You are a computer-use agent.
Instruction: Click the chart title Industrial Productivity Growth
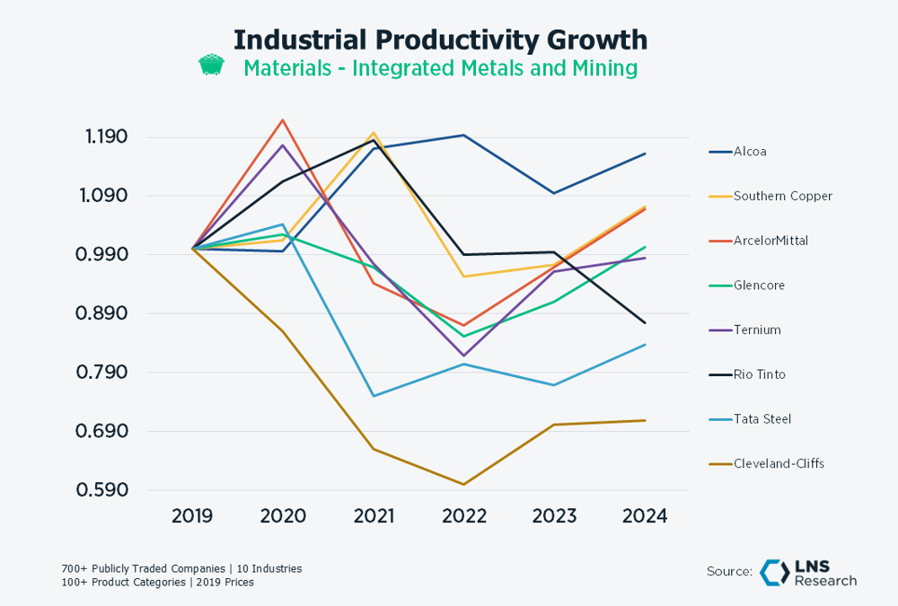click(x=440, y=40)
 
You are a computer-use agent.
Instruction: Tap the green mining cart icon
click(x=211, y=66)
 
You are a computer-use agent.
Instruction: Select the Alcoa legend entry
click(x=750, y=152)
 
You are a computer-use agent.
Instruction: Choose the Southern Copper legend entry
click(x=782, y=196)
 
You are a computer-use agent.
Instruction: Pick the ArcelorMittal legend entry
click(x=770, y=241)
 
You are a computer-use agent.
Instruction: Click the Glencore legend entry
click(x=759, y=285)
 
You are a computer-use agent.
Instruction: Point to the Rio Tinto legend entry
click(x=759, y=374)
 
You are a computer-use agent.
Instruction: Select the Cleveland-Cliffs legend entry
click(x=779, y=464)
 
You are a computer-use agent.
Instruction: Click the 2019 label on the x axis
click(x=192, y=516)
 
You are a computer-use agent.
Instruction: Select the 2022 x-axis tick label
click(x=463, y=516)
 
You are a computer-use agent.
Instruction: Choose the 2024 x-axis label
click(x=645, y=516)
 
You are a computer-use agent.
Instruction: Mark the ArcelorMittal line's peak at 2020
click(x=283, y=119)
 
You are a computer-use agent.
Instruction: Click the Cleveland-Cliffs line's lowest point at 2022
click(x=463, y=485)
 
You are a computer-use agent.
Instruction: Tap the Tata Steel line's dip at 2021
click(x=374, y=396)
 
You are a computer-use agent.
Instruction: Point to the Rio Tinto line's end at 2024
click(x=645, y=323)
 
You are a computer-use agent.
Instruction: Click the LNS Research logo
click(x=807, y=573)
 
